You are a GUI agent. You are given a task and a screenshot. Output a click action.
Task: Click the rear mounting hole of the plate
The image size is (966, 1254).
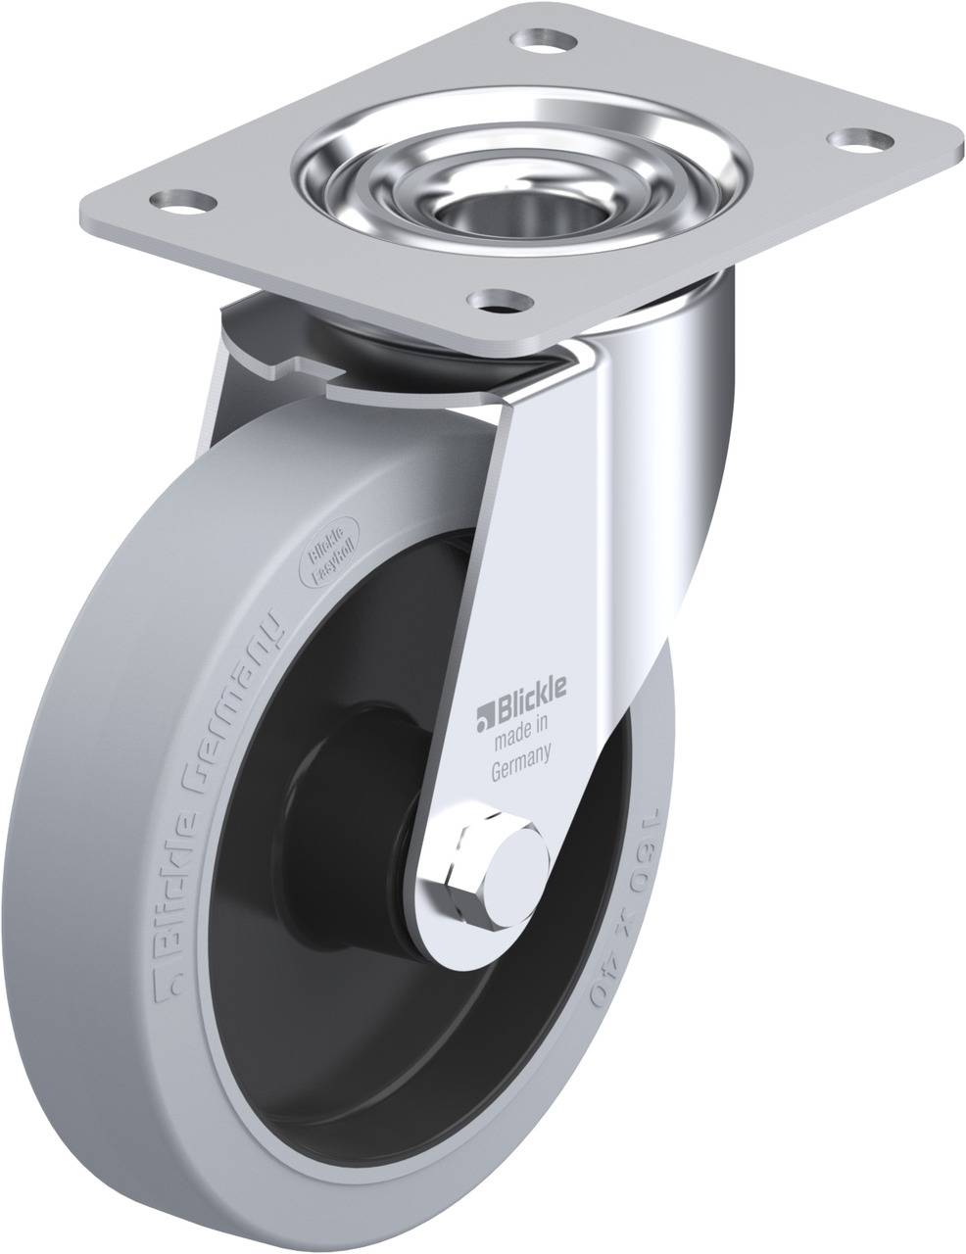pyautogui.click(x=543, y=41)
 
